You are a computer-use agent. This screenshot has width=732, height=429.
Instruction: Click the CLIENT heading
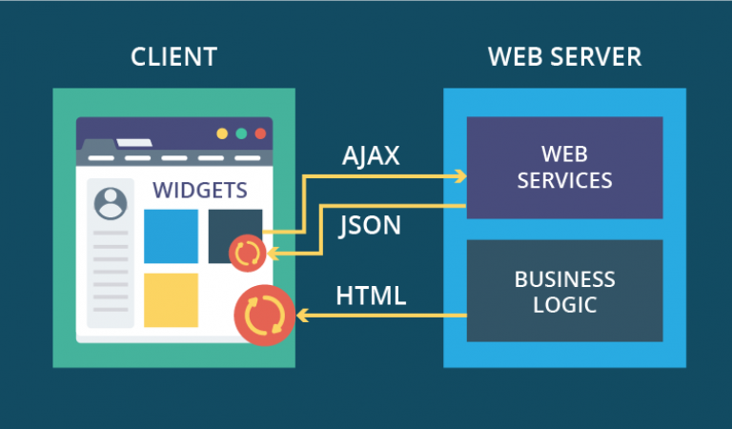pos(173,56)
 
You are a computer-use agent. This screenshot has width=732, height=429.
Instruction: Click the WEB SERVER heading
pos(564,56)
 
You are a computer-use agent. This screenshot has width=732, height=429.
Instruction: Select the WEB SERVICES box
pos(564,167)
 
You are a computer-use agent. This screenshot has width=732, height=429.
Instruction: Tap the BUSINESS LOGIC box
pos(564,292)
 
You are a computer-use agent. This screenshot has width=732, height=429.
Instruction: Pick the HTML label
pos(371,296)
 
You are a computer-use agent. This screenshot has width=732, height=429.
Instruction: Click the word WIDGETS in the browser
pos(200,190)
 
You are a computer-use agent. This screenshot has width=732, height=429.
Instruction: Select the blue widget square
pos(171,236)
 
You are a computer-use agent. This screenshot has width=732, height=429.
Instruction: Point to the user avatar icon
pos(111,202)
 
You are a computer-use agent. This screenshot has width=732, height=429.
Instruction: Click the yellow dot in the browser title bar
pos(222,134)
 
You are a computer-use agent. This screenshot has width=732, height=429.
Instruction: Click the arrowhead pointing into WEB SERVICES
pos(461,175)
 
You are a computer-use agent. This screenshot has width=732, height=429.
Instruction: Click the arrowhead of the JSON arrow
pos(273,254)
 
